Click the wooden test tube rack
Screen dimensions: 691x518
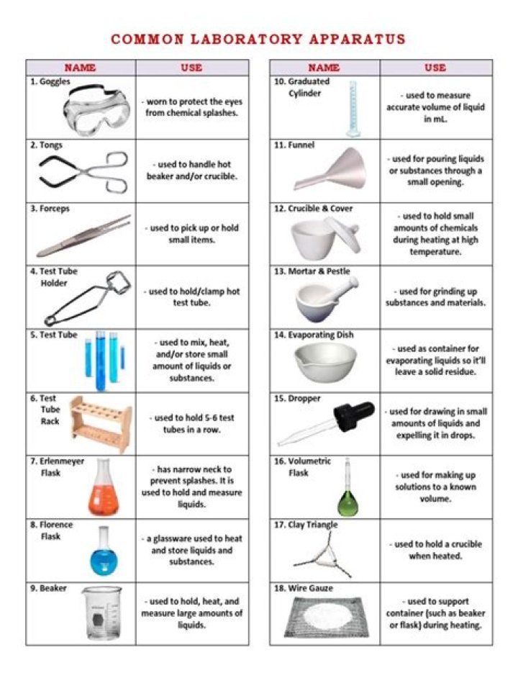point(101,425)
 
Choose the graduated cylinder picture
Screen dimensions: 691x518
point(352,109)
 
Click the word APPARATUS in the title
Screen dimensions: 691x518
point(352,39)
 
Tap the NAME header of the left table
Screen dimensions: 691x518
point(81,68)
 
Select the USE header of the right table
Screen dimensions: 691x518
point(435,68)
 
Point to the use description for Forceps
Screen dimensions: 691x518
point(192,234)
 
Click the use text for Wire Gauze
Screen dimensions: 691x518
point(436,613)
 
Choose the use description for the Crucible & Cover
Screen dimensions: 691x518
point(435,234)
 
